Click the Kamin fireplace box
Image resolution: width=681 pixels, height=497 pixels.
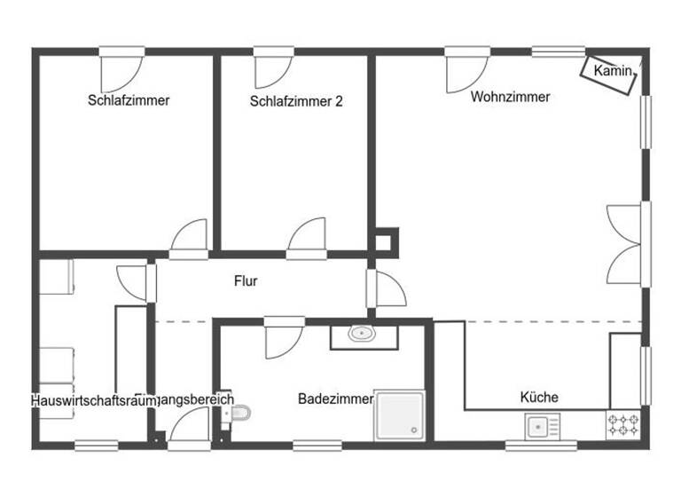610,74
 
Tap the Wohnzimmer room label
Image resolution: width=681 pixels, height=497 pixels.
510,97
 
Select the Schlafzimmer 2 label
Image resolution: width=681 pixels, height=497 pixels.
296,101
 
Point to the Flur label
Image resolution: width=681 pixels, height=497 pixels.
246,281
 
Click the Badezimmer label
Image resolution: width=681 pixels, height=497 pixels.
335,399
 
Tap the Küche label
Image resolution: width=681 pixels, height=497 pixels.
539,397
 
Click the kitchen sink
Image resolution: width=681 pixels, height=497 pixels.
538,428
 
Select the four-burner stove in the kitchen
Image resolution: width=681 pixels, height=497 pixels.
623,424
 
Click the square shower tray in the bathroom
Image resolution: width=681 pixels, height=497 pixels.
399,414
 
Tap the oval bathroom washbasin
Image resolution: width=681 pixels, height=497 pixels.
361,335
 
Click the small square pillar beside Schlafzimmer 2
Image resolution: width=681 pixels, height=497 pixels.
385,239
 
